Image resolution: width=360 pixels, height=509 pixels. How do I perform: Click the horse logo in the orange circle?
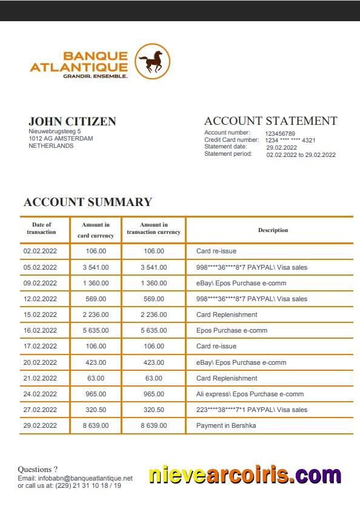[152, 61]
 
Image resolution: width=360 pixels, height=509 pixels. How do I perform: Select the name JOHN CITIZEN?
[72, 121]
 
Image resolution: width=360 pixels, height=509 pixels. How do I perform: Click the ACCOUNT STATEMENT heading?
[270, 121]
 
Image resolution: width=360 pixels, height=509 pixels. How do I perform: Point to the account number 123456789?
[280, 133]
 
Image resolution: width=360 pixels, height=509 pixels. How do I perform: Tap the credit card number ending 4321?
[290, 141]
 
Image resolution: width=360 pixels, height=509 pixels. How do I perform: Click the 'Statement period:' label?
[227, 154]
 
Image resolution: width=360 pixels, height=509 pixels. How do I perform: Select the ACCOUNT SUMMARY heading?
[87, 202]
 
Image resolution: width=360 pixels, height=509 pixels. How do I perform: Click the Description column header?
[273, 230]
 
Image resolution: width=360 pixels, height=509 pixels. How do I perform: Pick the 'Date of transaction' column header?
[41, 228]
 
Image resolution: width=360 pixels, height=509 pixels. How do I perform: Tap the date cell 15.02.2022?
[40, 314]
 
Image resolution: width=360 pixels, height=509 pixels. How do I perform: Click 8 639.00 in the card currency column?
[96, 425]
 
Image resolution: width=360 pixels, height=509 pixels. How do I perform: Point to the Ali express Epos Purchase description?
[250, 394]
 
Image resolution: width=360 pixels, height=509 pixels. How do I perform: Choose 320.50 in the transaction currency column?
[154, 410]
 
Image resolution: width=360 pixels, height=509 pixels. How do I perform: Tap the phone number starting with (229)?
[88, 485]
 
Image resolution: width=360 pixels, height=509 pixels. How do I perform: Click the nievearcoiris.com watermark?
[245, 476]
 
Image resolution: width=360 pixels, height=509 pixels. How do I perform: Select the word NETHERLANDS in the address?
[51, 146]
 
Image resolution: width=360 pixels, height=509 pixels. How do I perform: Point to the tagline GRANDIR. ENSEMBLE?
[95, 76]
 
